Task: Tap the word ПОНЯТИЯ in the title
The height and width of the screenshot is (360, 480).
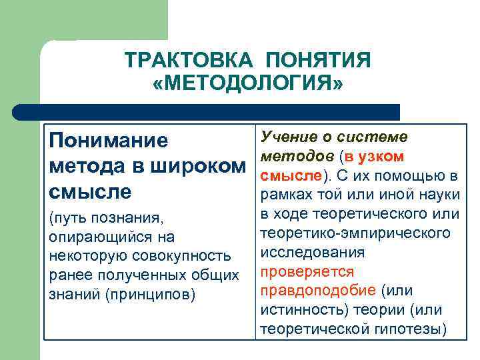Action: click(x=317, y=61)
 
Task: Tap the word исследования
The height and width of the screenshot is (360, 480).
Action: click(x=312, y=253)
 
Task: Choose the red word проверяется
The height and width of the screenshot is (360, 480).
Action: click(x=307, y=272)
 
